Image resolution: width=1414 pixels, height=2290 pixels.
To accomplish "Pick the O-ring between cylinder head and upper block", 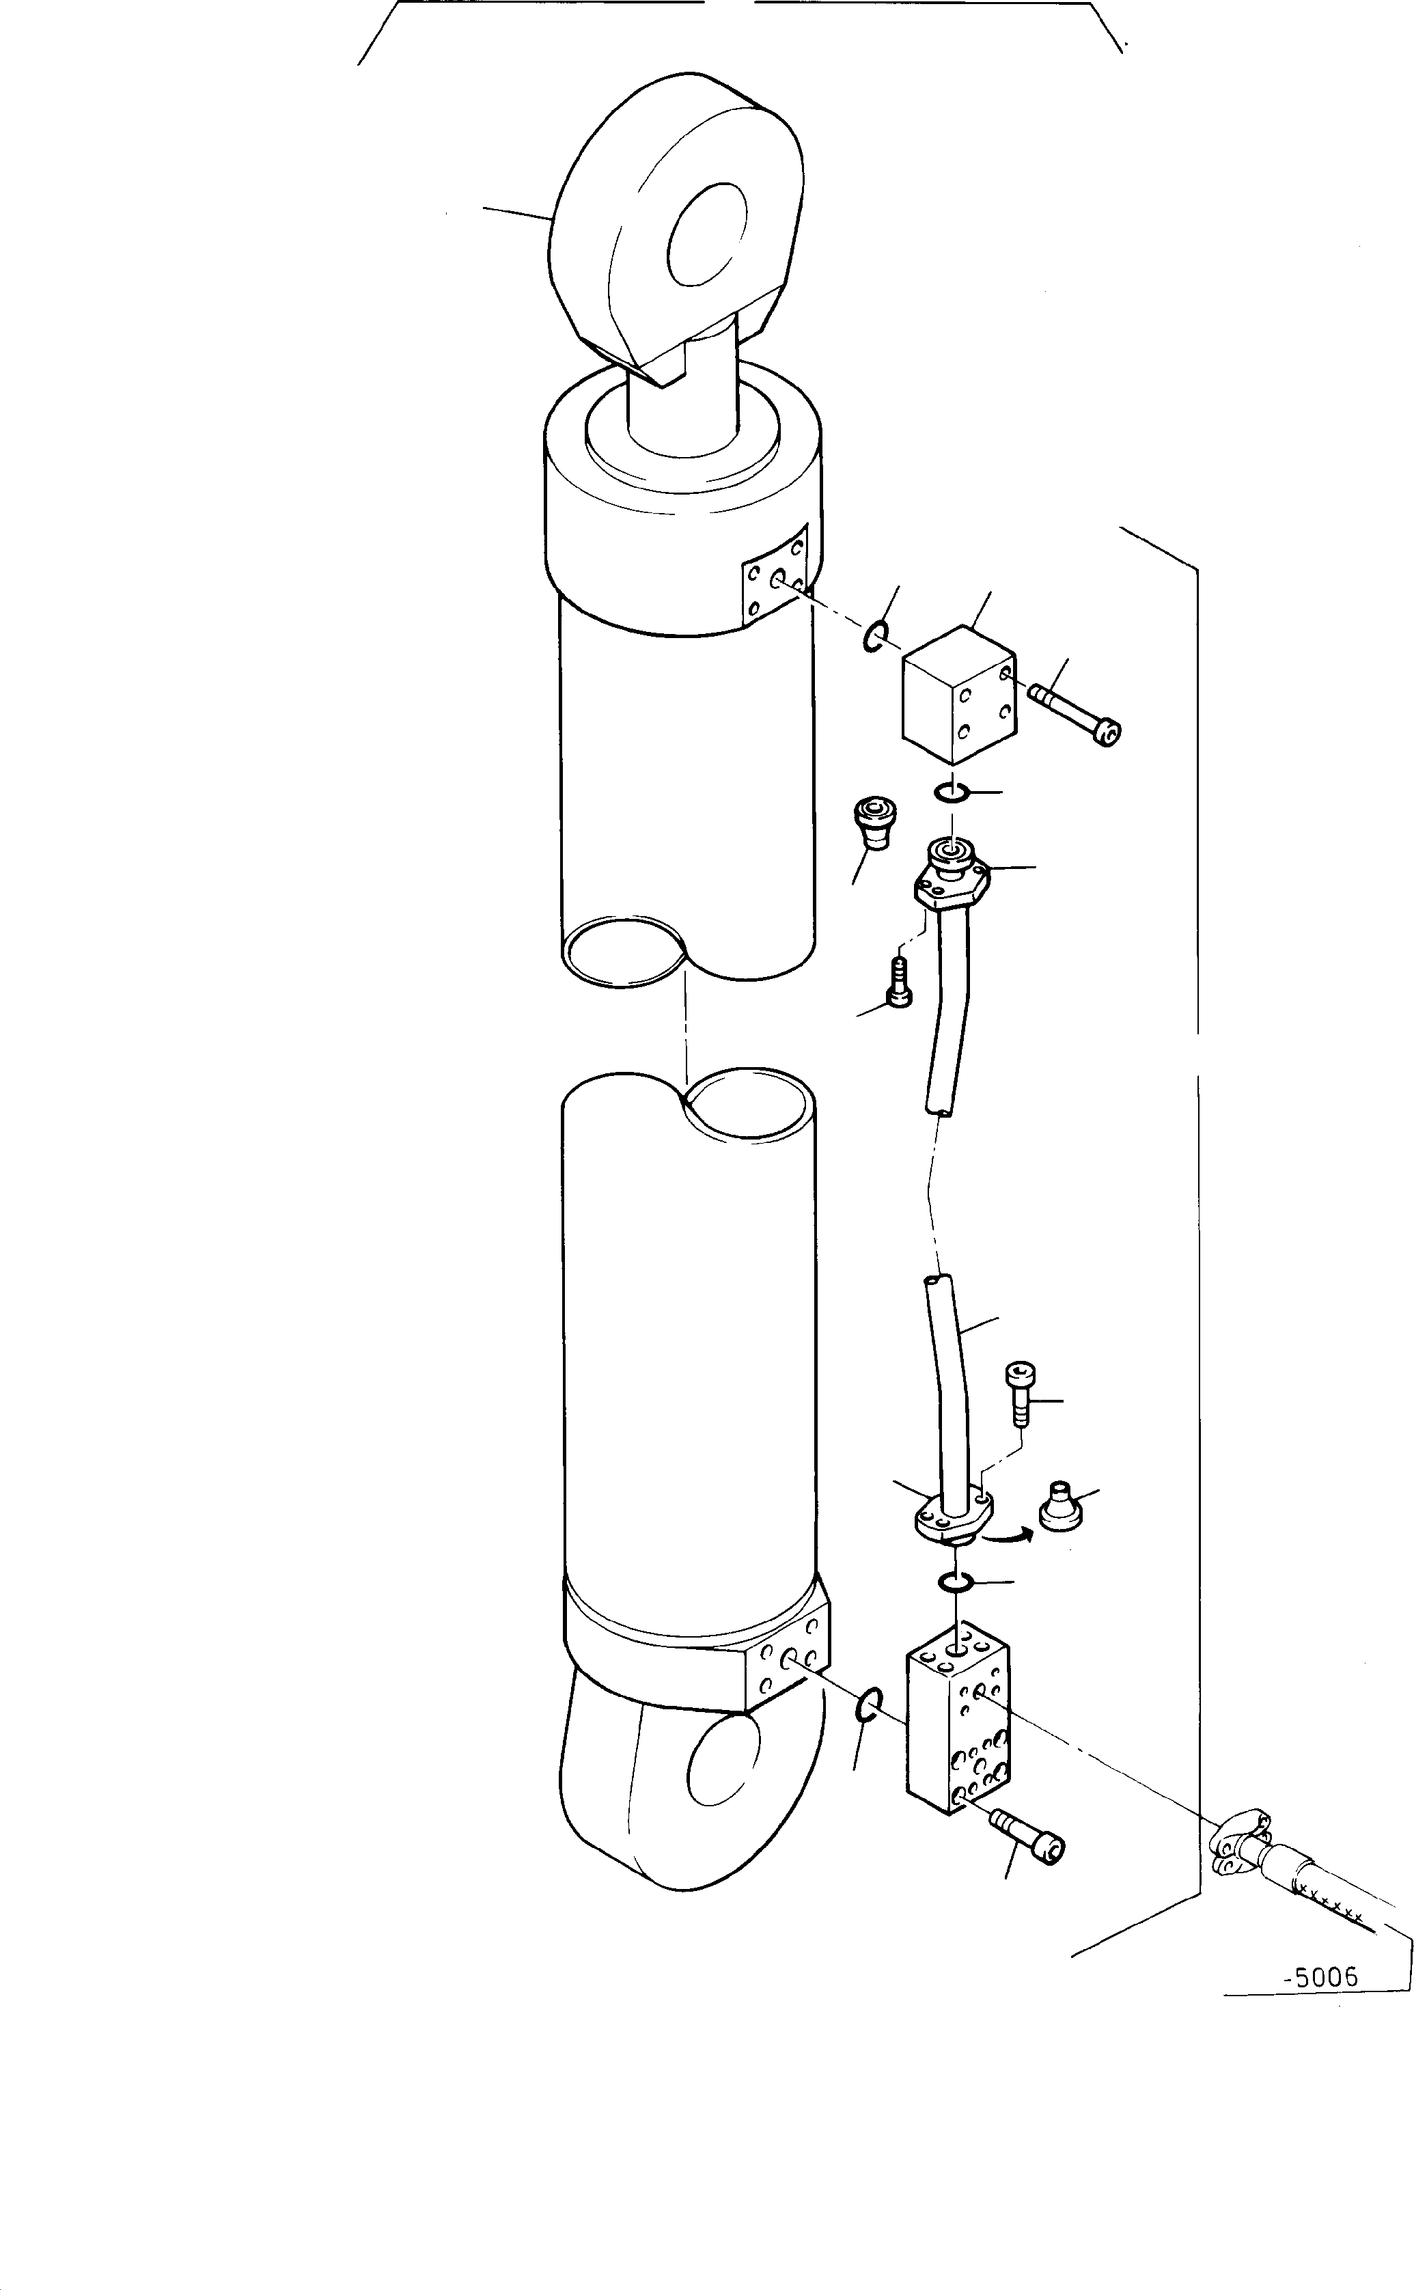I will coord(874,637).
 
